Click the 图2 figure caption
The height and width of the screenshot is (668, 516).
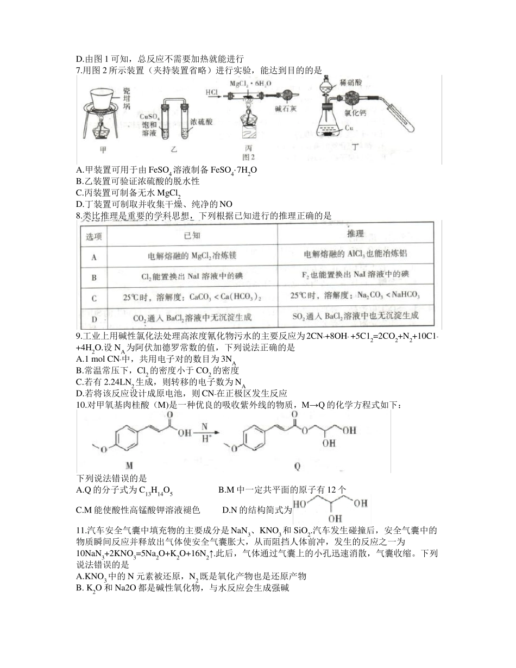[x=249, y=157]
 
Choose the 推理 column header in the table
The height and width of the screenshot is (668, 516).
[x=356, y=234]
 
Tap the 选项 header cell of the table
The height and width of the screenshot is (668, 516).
[x=94, y=237]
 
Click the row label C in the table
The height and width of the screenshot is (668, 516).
[x=94, y=298]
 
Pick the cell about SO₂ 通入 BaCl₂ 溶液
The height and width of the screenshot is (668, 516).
[x=356, y=316]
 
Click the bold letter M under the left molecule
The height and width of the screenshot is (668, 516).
[x=129, y=465]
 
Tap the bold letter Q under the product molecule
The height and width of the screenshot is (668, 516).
[x=297, y=465]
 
